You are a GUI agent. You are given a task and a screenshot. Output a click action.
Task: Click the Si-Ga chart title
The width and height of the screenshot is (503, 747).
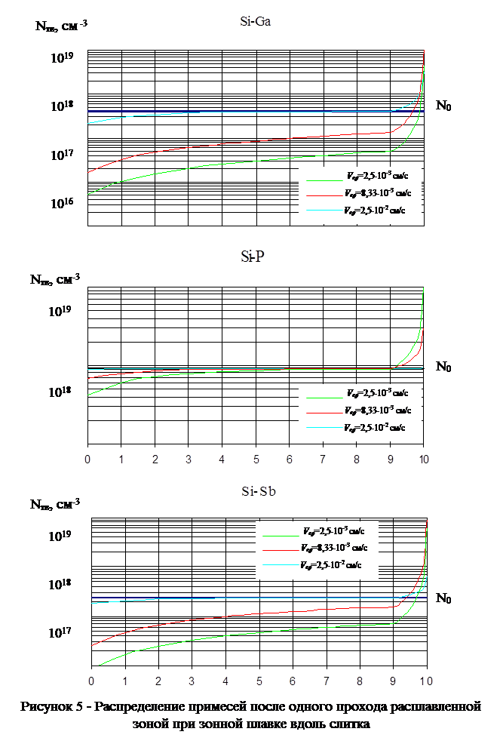tap(250, 22)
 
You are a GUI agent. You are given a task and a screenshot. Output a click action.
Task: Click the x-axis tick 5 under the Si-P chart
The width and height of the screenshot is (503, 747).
tap(256, 459)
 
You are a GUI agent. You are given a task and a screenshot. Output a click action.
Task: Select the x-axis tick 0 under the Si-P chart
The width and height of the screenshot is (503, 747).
tap(87, 459)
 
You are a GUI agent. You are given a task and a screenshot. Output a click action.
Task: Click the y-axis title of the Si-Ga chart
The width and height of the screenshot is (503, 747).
tap(60, 26)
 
